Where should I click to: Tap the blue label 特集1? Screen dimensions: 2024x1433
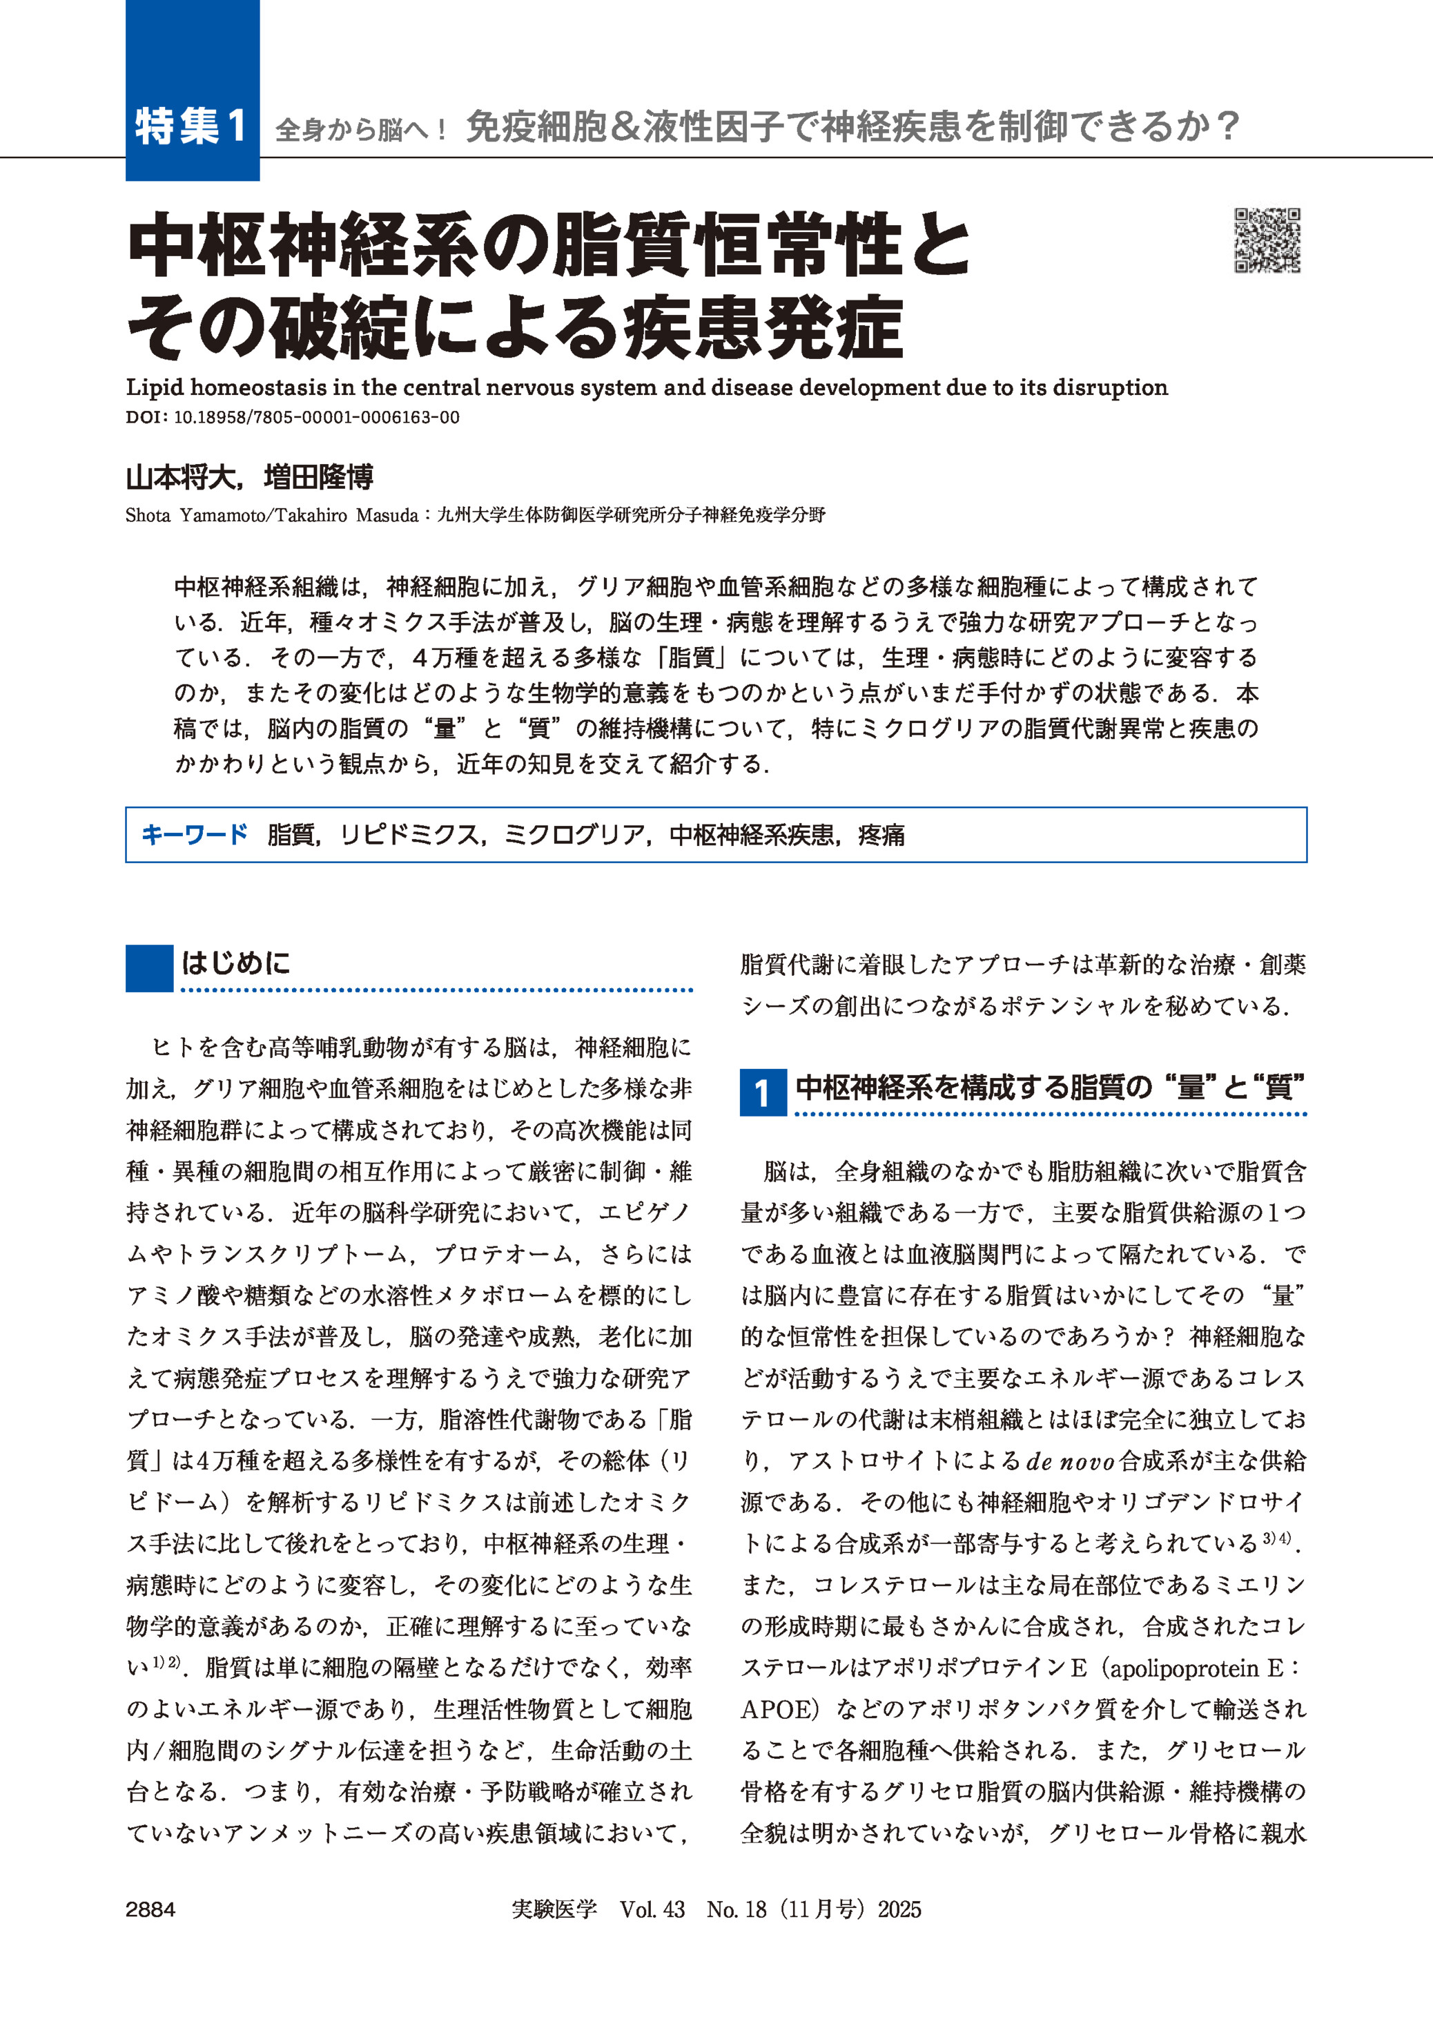[191, 126]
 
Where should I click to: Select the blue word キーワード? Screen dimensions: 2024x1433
[194, 834]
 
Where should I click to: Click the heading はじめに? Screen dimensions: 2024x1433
[235, 962]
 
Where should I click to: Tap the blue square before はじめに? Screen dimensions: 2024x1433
[149, 968]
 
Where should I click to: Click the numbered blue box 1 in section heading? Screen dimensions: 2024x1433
[762, 1092]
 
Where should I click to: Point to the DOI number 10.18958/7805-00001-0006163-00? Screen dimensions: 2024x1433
[317, 418]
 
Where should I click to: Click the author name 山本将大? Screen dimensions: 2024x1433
[181, 478]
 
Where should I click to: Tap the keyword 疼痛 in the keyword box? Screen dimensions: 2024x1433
[881, 834]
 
